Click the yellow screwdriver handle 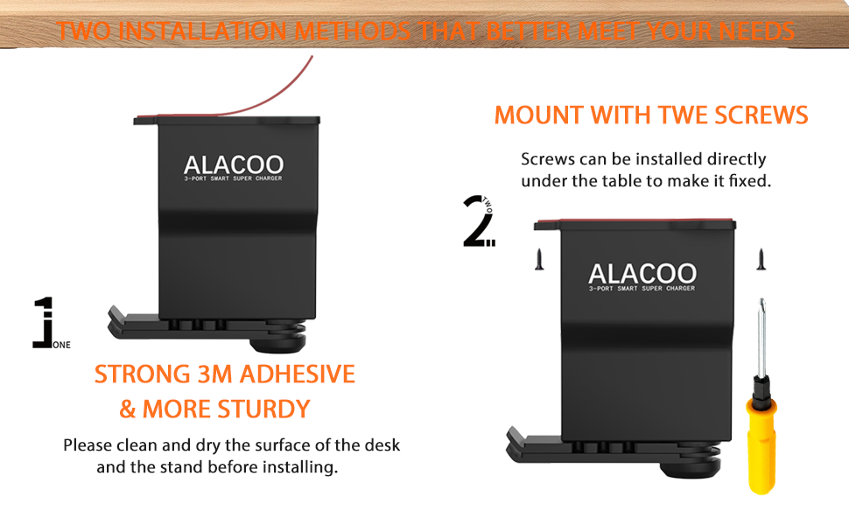761,444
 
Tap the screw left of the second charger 539,259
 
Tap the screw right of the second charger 761,259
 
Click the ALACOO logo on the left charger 234,164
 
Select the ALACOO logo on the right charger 642,274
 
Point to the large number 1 44,322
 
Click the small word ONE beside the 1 62,345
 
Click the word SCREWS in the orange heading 761,115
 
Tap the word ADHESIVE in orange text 298,374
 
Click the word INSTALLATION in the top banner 202,31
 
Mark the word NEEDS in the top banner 756,31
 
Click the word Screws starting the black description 548,159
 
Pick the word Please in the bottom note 88,445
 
